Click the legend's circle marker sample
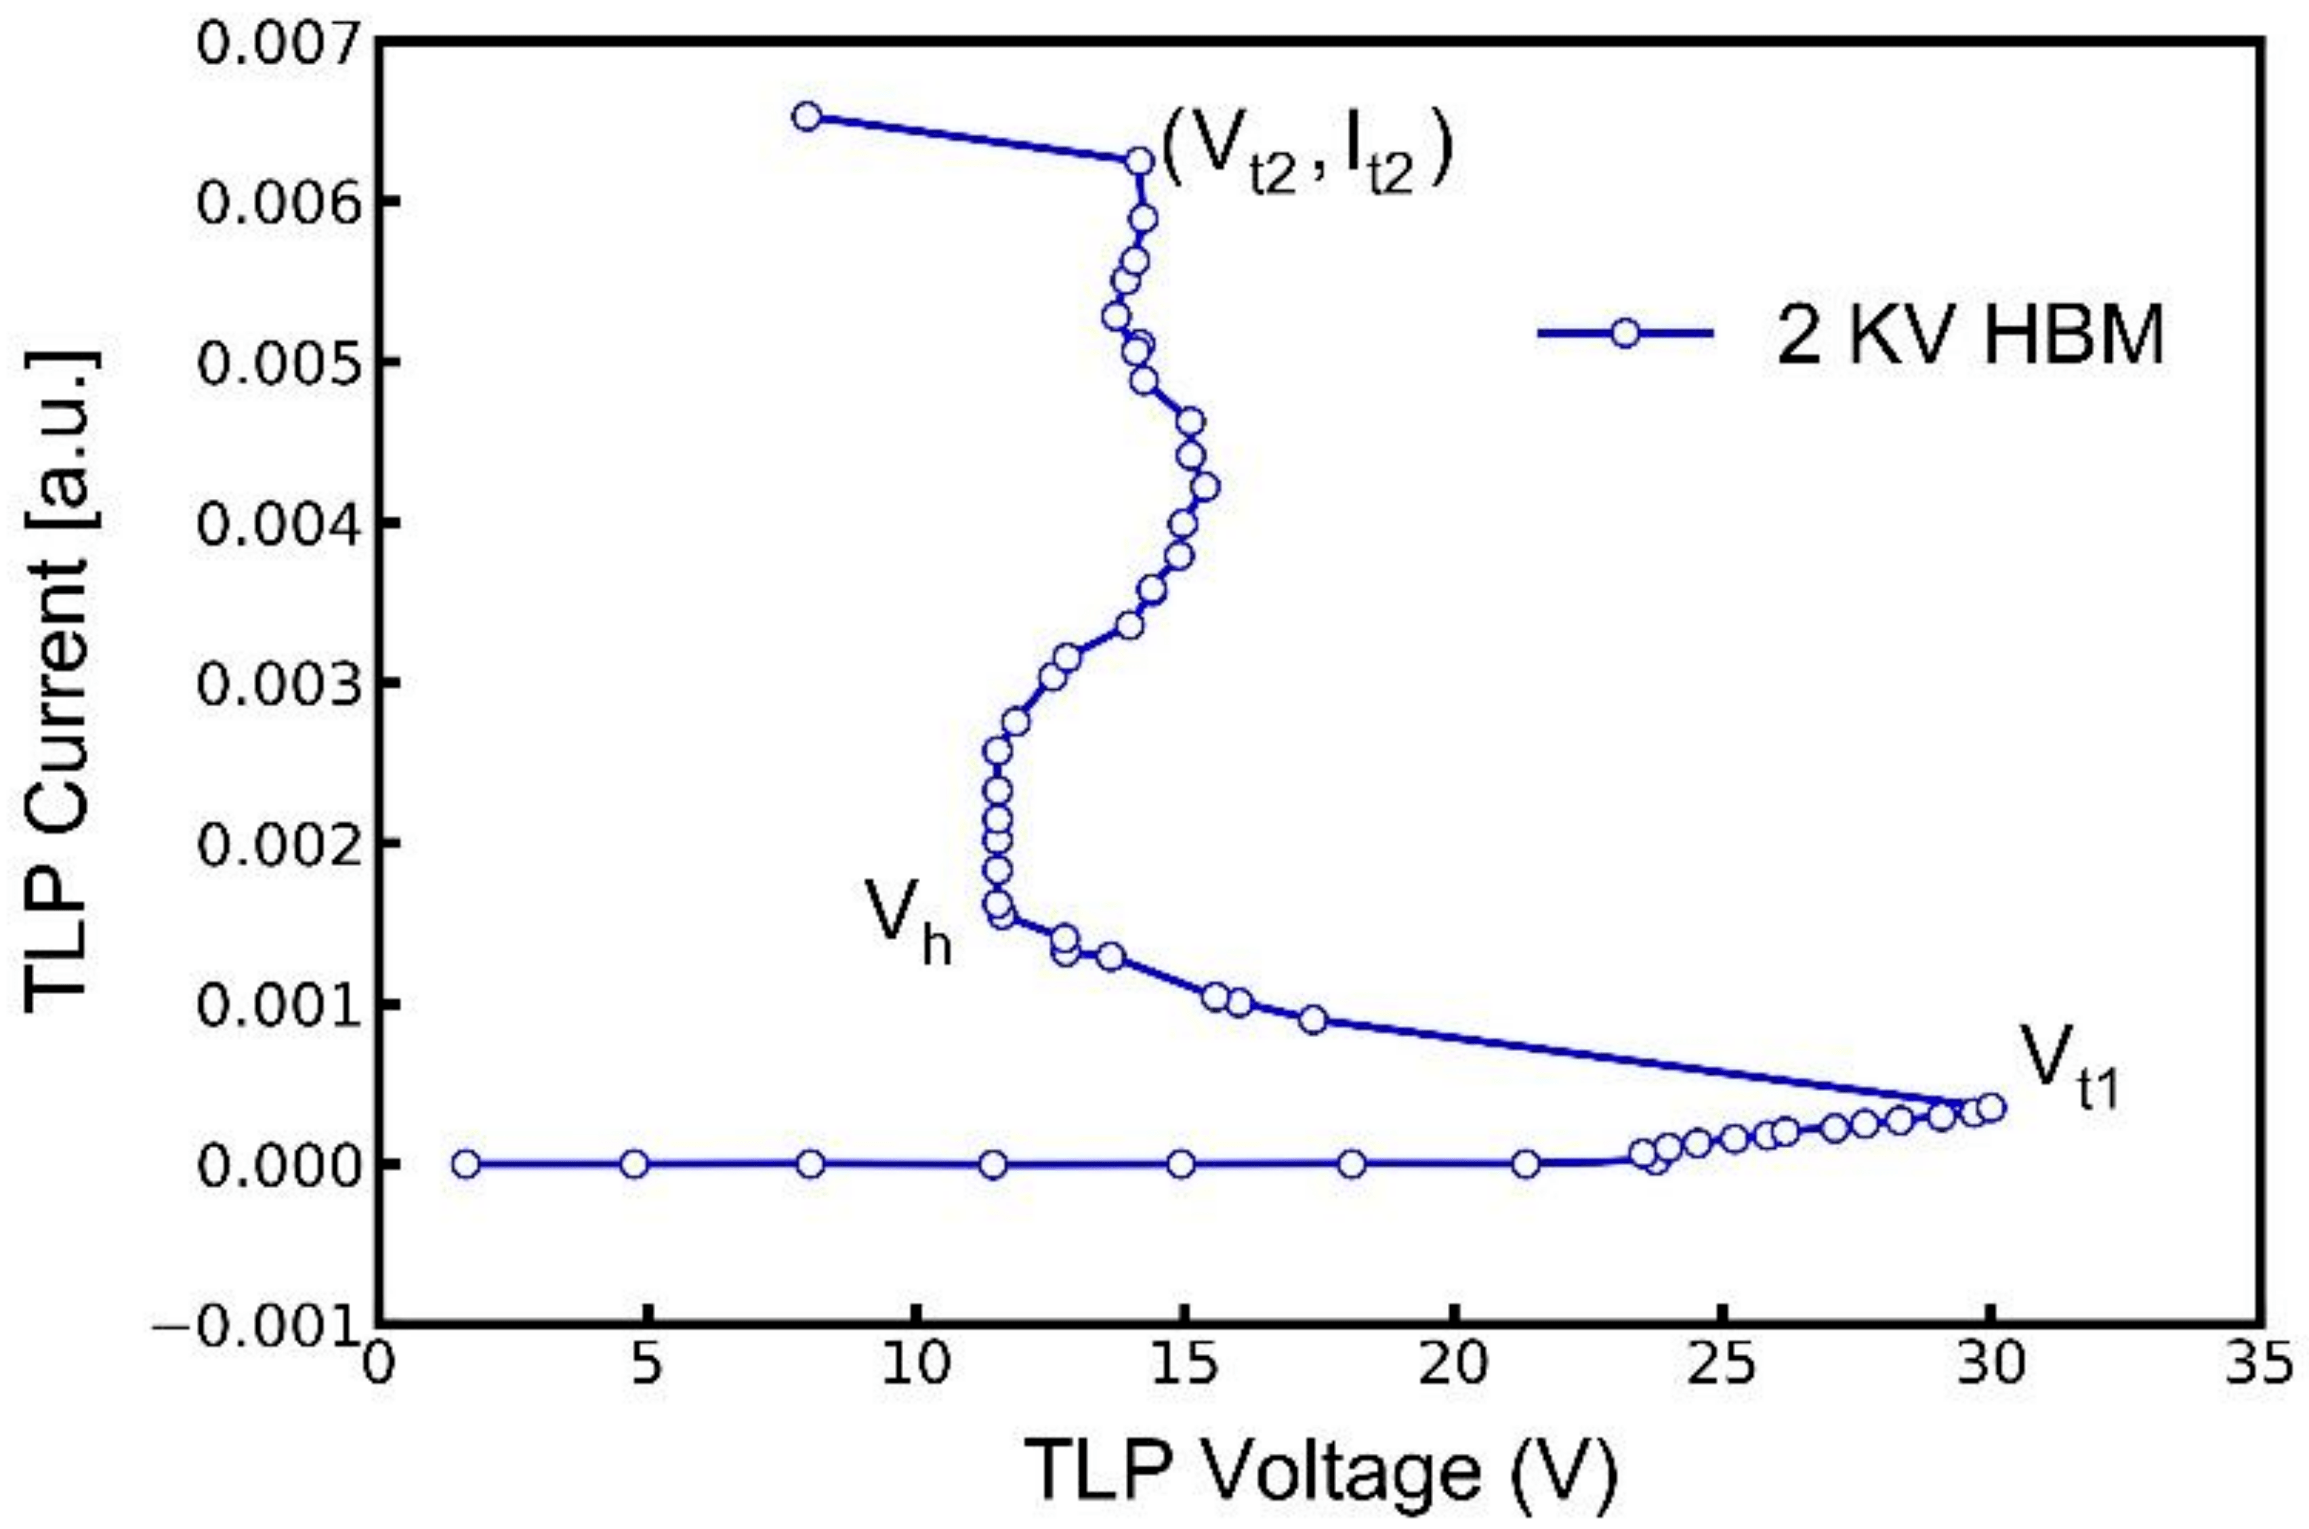tap(1625, 333)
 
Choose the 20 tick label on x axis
tap(1452, 1365)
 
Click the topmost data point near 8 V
tap(806, 117)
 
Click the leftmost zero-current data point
tap(466, 1164)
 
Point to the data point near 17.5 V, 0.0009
tap(1313, 1020)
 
